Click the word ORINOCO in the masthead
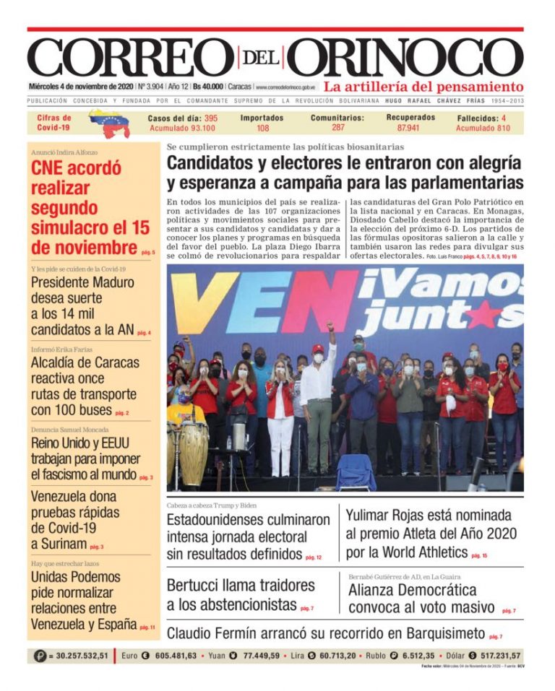(408, 57)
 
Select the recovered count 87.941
(410, 128)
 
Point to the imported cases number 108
(262, 128)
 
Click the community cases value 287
(338, 128)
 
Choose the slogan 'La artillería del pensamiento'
(423, 86)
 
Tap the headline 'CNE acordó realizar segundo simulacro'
(90, 208)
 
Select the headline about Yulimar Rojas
(431, 534)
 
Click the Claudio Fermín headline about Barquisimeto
(325, 633)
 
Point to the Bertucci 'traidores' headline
(241, 594)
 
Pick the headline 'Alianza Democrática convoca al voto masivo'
(422, 599)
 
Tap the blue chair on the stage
(356, 471)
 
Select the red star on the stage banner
(484, 312)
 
